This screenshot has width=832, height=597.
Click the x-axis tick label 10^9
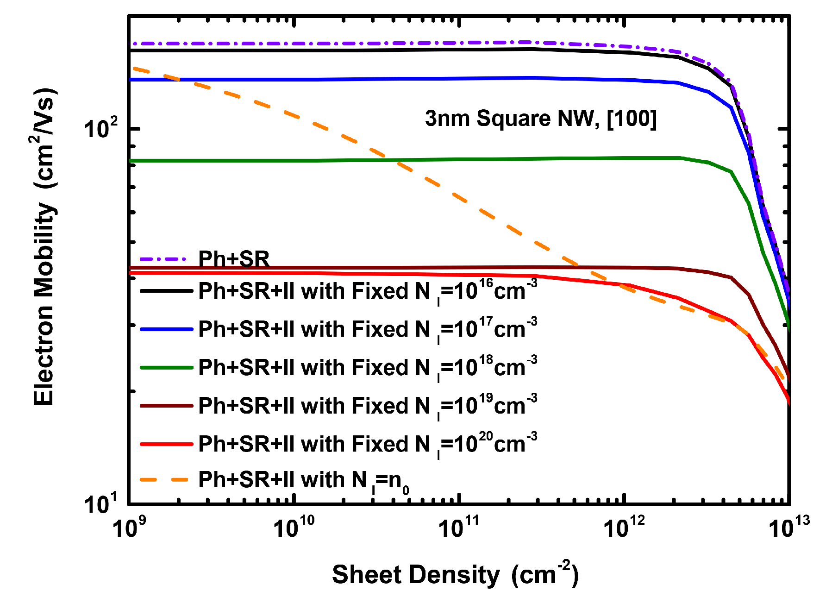point(126,528)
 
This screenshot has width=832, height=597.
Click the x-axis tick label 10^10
point(293,528)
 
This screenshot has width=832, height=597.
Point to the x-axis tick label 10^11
point(458,528)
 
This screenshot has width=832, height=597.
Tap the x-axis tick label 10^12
point(624,528)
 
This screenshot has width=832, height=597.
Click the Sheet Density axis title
point(455,575)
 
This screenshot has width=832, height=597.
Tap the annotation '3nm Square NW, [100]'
point(540,119)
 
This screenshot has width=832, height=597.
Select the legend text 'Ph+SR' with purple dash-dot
point(234,259)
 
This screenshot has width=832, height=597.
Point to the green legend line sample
point(166,368)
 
